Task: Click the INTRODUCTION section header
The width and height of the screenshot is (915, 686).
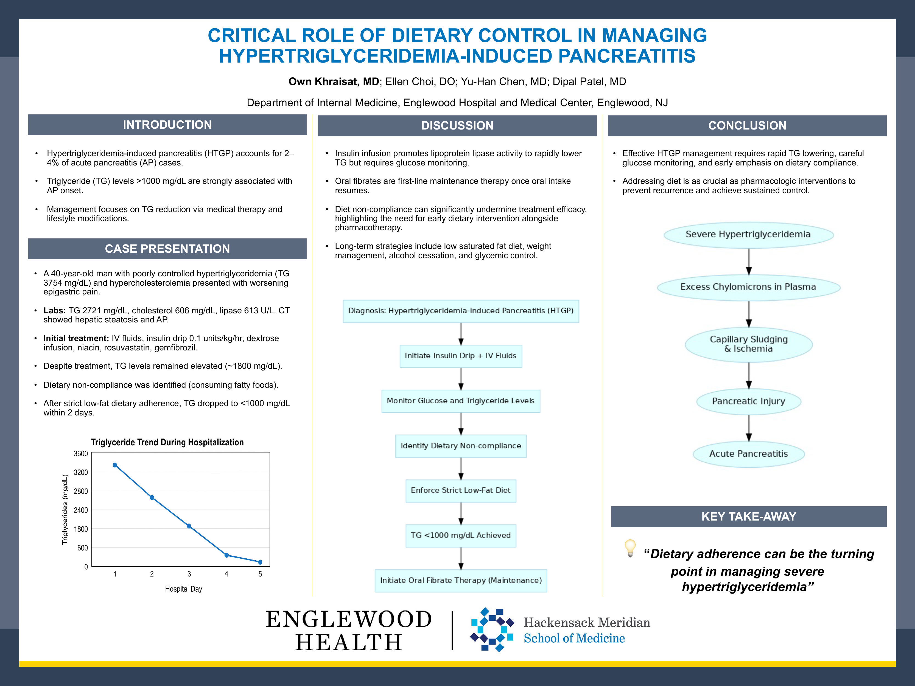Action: point(167,125)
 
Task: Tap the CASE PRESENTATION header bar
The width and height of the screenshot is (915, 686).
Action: point(167,249)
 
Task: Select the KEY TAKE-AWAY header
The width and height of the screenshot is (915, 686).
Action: point(748,516)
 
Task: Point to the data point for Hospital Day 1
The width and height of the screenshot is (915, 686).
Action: point(115,465)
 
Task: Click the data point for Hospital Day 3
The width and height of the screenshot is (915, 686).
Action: point(189,526)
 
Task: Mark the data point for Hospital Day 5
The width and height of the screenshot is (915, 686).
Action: point(260,562)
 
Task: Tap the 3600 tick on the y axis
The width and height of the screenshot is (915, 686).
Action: point(81,454)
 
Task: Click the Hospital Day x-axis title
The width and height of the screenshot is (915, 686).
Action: point(183,589)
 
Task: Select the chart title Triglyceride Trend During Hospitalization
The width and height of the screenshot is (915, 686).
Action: point(167,442)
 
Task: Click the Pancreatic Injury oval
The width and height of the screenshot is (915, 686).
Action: point(748,401)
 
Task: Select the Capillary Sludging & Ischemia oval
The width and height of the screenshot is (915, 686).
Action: point(748,344)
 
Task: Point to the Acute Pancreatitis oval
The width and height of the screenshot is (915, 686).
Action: point(748,454)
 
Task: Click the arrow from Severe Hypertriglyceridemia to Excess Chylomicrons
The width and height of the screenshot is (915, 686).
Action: point(749,261)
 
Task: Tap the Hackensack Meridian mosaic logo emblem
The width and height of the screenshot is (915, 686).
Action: point(492,629)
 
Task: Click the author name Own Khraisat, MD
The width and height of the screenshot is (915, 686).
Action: point(333,81)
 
